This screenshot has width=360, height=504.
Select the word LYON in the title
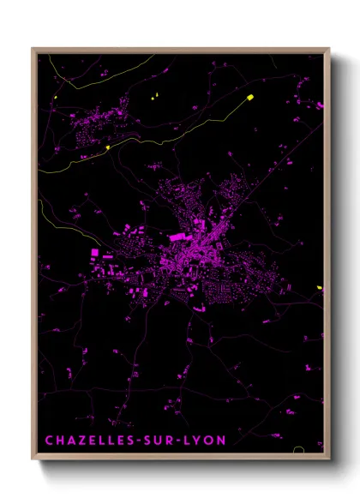(207, 441)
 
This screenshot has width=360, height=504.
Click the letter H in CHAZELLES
(58, 441)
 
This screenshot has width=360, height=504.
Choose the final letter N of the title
(223, 441)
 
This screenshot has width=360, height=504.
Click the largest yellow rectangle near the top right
(251, 97)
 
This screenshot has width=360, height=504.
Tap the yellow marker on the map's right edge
(320, 287)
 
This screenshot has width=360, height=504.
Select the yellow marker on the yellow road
(108, 147)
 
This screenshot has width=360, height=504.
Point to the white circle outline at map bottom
(299, 450)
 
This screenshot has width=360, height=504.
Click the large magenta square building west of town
(96, 253)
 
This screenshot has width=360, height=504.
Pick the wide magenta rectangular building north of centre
(178, 235)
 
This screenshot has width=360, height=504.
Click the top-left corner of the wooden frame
(33, 50)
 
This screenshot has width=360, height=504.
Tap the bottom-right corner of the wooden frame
(329, 460)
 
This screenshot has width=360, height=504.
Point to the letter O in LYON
(212, 441)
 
